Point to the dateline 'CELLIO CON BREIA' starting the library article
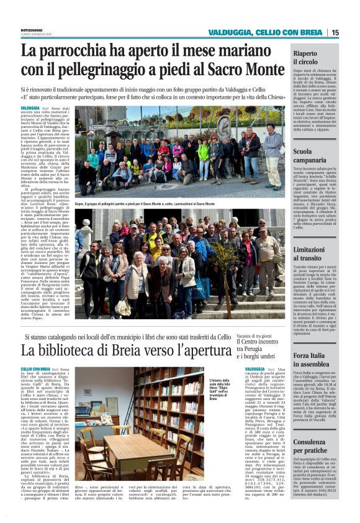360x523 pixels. [35, 369]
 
